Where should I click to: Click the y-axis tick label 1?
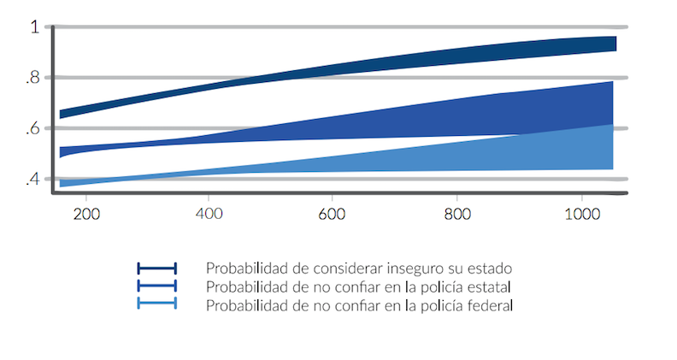coord(34,27)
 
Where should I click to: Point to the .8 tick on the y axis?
coord(32,78)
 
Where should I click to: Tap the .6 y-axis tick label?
coord(32,128)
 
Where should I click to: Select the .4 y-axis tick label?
coord(32,179)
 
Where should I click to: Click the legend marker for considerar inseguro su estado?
coord(156,269)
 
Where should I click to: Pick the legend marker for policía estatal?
coord(156,286)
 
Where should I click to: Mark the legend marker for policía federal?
coord(156,304)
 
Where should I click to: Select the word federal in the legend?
coord(490,304)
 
